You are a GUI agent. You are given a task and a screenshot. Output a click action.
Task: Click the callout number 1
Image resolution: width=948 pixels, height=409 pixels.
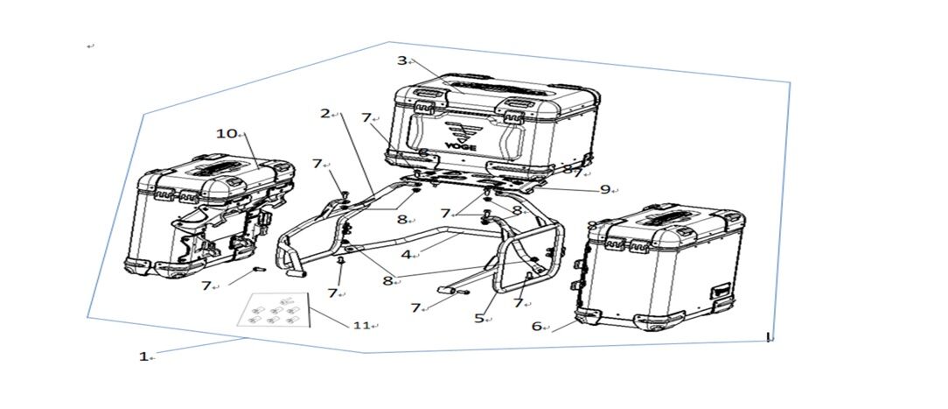coord(143,357)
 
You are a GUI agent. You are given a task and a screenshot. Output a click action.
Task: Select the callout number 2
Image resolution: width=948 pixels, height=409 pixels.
coord(325,113)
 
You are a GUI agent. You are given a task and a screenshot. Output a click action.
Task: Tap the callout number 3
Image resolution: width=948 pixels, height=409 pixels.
coord(402,60)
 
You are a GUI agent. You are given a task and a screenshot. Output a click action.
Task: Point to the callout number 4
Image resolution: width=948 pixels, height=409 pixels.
coord(407,255)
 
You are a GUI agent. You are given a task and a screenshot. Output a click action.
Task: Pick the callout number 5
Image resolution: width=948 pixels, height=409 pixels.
coord(479,318)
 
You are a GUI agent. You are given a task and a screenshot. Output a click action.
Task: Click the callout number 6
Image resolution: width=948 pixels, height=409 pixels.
coord(536,326)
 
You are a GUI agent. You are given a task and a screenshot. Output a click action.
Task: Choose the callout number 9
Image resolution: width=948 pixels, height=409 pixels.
coord(605,189)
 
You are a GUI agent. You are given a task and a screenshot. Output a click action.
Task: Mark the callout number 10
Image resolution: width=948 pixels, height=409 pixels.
coord(228,133)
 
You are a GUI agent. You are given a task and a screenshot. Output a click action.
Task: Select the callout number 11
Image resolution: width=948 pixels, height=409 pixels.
coord(361,325)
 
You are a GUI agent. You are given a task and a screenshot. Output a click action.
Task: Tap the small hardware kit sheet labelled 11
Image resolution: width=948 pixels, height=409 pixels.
coord(273,310)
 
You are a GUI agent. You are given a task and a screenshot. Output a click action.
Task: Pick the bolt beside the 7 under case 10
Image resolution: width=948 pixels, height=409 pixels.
coord(259,270)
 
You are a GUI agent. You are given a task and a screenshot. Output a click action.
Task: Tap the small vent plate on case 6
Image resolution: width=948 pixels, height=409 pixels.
coord(721,292)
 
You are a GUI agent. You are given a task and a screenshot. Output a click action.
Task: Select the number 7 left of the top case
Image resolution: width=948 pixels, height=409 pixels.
coord(366,118)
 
